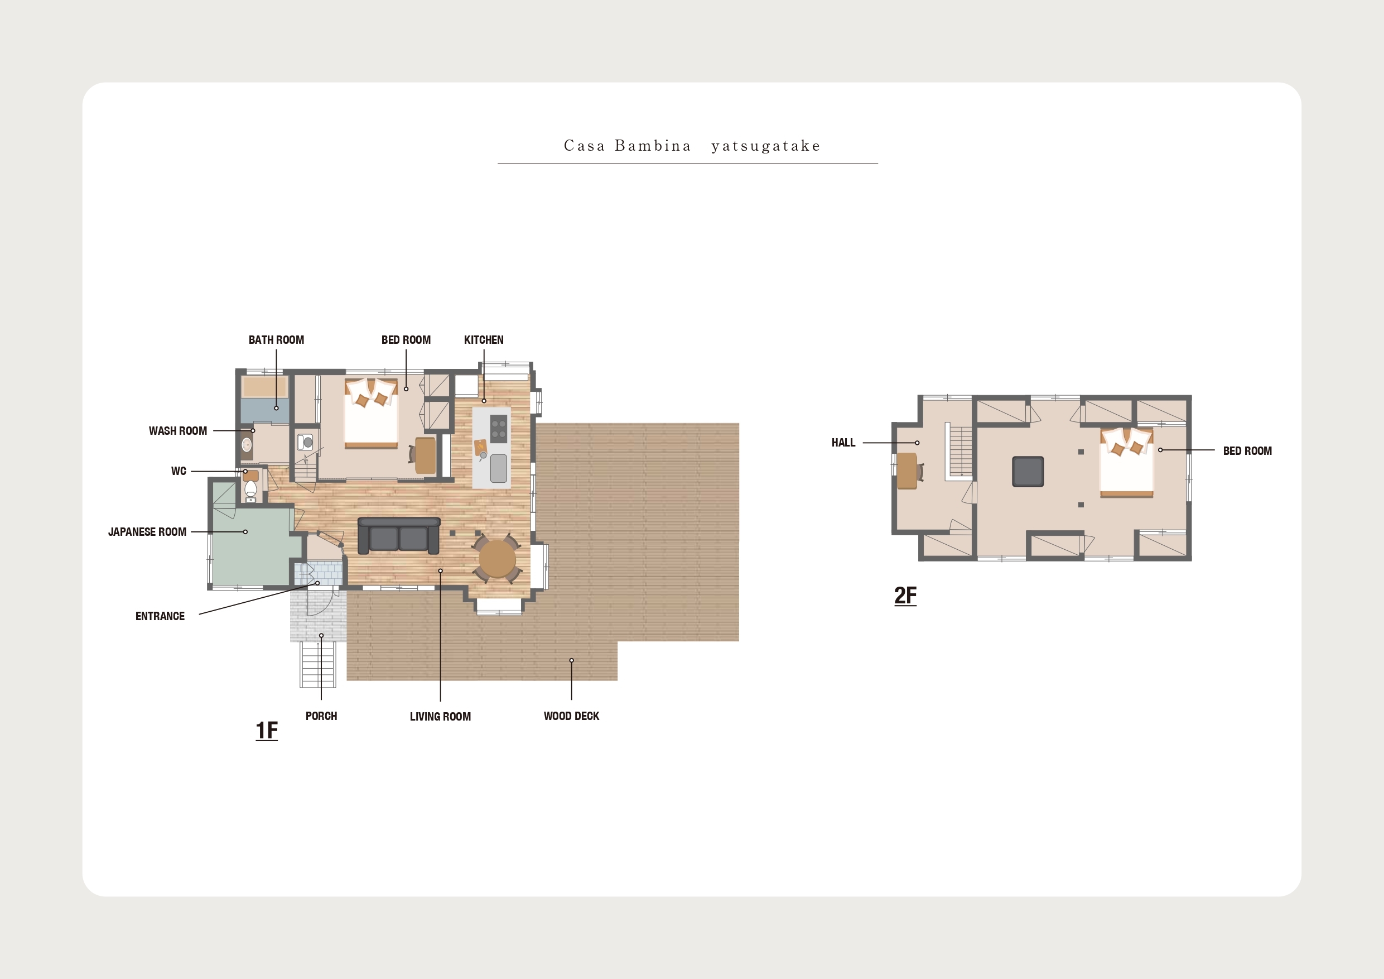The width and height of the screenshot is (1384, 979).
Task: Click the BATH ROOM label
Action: click(x=276, y=339)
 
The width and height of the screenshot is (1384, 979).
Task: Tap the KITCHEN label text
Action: click(x=484, y=339)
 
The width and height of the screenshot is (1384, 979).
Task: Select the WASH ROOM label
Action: click(x=178, y=431)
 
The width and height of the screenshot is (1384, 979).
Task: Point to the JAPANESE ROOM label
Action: click(x=147, y=531)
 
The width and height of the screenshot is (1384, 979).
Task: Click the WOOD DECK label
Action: click(x=571, y=716)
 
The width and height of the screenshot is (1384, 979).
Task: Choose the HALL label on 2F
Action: click(x=843, y=443)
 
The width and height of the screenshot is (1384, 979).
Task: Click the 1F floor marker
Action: click(x=267, y=731)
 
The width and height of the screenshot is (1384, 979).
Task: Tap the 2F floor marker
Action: click(x=905, y=596)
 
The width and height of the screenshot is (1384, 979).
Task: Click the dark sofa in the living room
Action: click(x=398, y=536)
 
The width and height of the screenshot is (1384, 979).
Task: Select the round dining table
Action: click(x=497, y=559)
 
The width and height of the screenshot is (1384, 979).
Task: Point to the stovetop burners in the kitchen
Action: click(x=499, y=428)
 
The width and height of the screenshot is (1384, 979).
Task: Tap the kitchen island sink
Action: click(x=499, y=469)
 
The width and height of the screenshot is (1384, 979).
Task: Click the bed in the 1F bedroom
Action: click(x=371, y=413)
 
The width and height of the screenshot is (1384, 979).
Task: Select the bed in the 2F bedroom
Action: click(x=1127, y=463)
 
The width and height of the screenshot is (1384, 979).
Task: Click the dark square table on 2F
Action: click(x=1028, y=471)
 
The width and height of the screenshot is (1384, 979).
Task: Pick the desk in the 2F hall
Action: click(x=907, y=471)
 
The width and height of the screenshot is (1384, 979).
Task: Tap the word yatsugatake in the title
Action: click(x=765, y=146)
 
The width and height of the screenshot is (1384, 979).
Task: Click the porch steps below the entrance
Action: click(x=319, y=664)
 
